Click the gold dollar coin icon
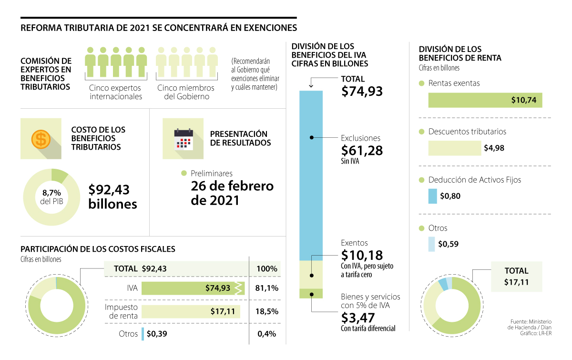tap(41, 139)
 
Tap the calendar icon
tap(184, 139)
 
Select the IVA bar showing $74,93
tap(193, 288)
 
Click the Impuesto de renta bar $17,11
tap(191, 311)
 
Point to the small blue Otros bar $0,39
tap(143, 334)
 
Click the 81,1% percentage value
tap(266, 288)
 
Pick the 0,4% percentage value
tap(266, 334)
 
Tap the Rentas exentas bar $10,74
tap(485, 100)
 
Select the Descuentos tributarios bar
tap(454, 148)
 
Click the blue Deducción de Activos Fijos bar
tap(432, 196)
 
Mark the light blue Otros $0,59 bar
tap(431, 244)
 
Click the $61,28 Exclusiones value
tap(362, 150)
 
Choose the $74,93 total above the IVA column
tap(362, 91)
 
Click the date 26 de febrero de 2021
tap(232, 193)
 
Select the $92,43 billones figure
tap(112, 197)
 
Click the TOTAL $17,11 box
tap(516, 277)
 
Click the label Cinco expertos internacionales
tap(115, 92)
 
